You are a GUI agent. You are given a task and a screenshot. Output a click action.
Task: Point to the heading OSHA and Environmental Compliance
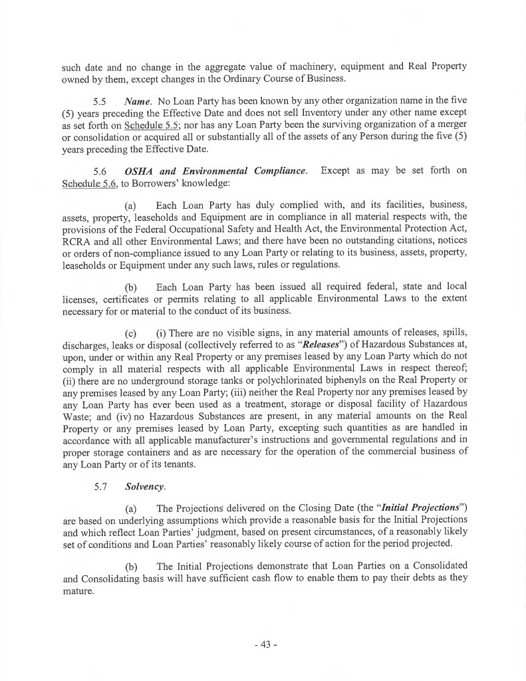(216, 170)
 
